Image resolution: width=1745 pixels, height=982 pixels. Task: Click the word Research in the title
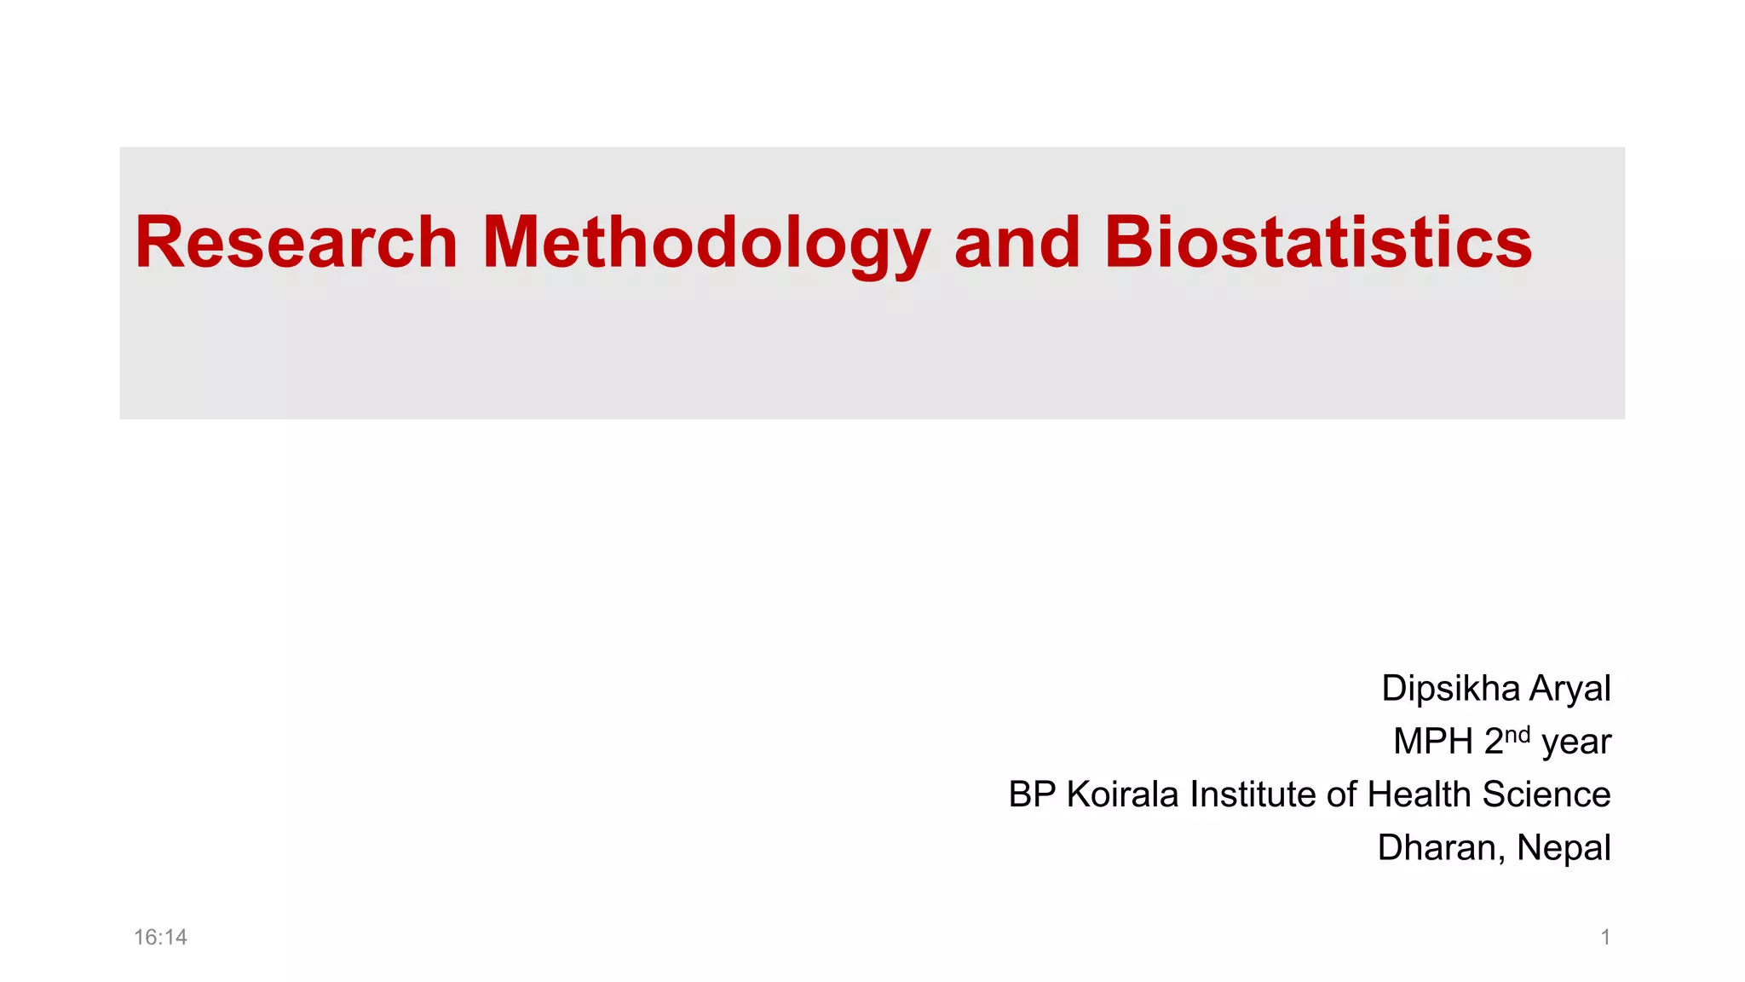297,243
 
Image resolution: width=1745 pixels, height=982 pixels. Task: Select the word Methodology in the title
705,245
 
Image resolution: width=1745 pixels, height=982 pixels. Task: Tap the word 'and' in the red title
1016,243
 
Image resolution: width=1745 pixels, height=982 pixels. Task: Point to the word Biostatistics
1318,243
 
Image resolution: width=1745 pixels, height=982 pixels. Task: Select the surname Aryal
1569,689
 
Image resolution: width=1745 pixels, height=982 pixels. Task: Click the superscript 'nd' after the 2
1518,735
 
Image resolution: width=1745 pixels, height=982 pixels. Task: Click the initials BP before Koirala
1033,794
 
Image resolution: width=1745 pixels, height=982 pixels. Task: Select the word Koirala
1123,794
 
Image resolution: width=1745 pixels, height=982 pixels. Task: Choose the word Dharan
1441,848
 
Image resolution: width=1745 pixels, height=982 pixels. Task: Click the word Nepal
1564,848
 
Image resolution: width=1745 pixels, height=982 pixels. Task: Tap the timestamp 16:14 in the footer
160,938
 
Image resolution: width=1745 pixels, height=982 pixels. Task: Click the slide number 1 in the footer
1605,938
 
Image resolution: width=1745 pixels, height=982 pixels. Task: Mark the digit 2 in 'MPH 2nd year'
1494,742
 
